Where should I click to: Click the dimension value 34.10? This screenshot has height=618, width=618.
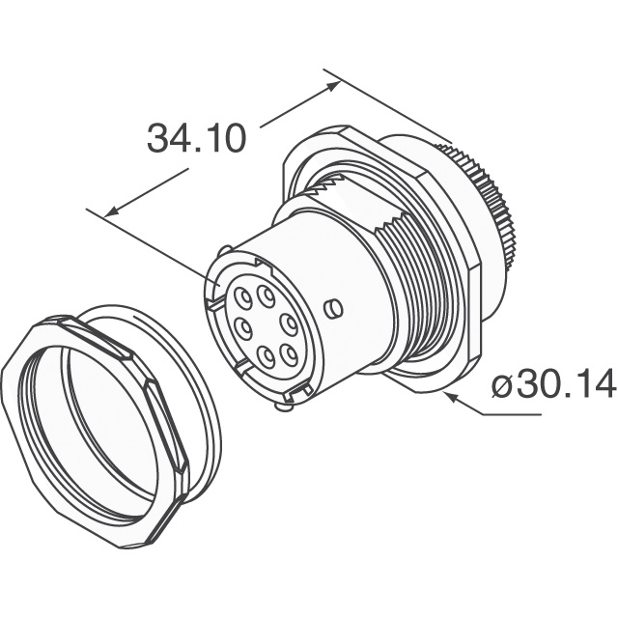click(x=196, y=139)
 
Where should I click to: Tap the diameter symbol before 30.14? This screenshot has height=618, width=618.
click(x=502, y=384)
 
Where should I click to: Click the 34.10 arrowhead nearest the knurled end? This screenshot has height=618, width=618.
click(x=332, y=86)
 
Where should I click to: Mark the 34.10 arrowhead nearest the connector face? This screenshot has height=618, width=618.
click(x=112, y=211)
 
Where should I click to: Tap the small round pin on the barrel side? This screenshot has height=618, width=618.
click(x=333, y=309)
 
